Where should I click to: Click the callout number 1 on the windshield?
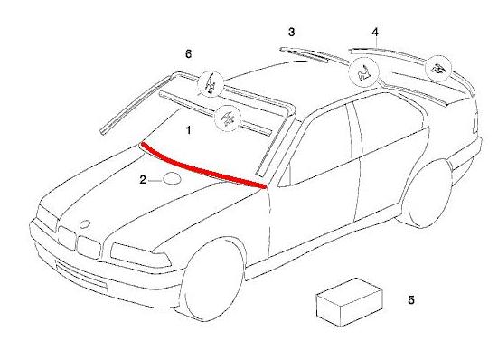(188, 130)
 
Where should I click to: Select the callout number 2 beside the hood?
(143, 180)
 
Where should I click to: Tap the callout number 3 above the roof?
(291, 32)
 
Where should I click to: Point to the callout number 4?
(375, 32)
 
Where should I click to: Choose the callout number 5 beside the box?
(411, 300)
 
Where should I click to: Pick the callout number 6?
(188, 54)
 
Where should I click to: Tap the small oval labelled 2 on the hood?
(172, 178)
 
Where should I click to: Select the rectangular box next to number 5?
(349, 302)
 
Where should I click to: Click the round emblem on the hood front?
(85, 224)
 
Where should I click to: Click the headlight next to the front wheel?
(140, 255)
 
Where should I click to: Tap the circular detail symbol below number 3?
(364, 72)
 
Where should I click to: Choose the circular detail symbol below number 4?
(438, 69)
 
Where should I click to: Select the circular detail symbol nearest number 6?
(211, 84)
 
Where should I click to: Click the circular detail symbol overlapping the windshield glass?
(228, 118)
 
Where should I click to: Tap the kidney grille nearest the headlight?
(89, 247)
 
